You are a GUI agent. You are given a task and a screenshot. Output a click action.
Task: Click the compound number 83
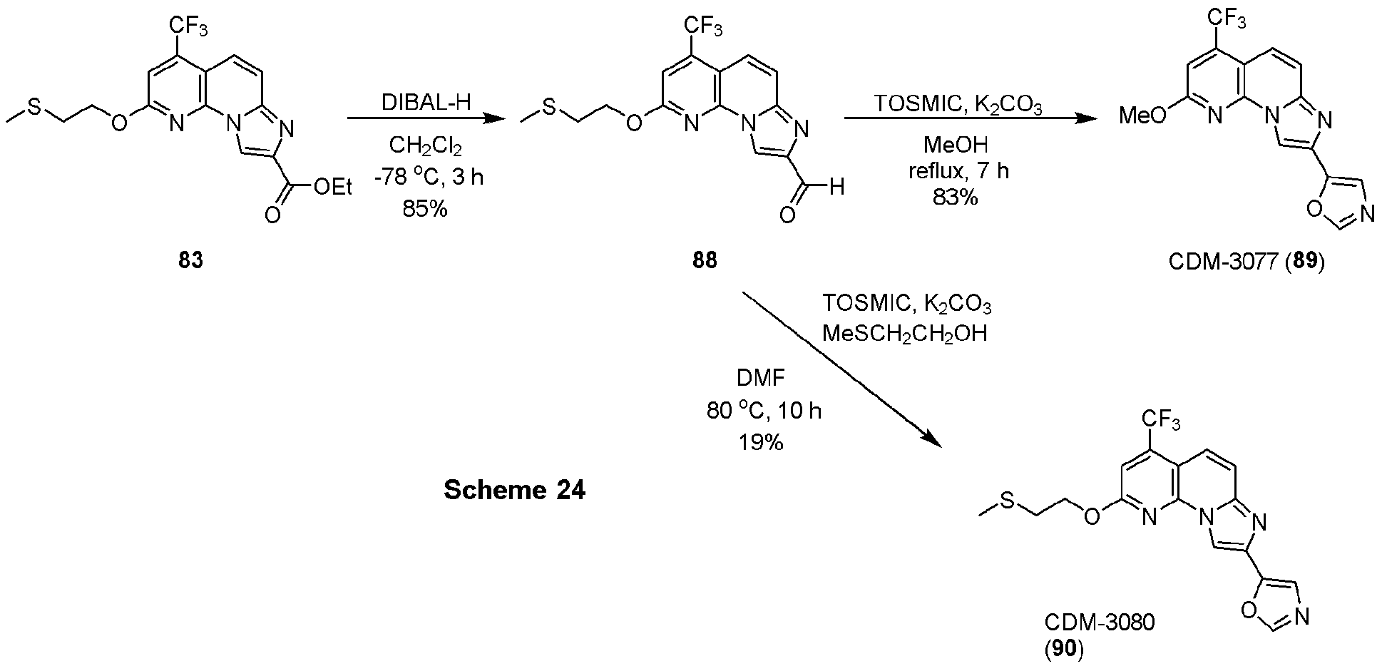tap(190, 261)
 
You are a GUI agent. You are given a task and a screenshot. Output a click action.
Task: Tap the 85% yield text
tap(424, 210)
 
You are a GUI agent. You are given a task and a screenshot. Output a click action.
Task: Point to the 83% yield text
tap(956, 198)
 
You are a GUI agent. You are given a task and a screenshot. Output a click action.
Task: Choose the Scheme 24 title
tap(514, 491)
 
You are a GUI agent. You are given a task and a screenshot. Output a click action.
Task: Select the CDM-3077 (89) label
tap(1246, 262)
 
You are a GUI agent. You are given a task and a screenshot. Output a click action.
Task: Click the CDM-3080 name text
tap(1100, 622)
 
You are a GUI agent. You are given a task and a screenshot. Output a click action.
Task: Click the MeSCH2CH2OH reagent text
tap(904, 332)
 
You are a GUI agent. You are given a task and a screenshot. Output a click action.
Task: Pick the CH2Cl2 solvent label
tap(425, 146)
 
